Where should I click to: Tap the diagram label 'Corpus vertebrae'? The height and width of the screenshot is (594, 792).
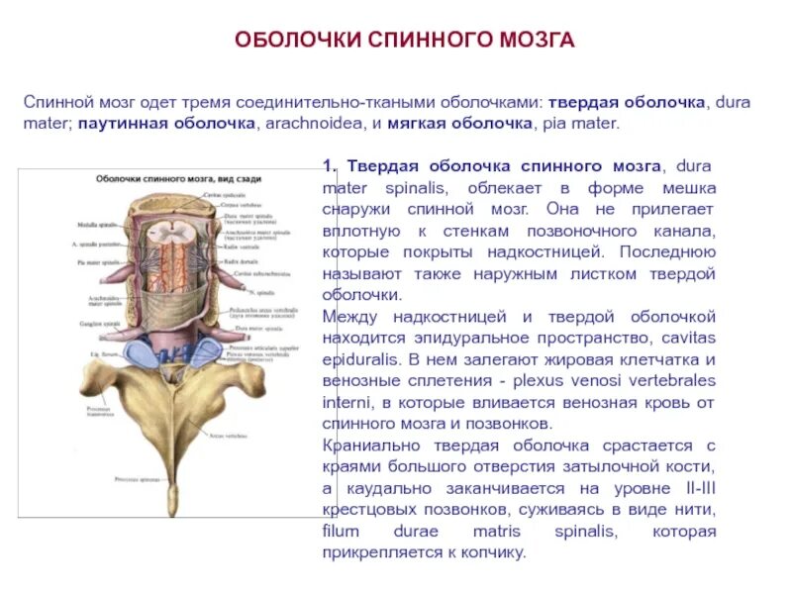pos(225,202)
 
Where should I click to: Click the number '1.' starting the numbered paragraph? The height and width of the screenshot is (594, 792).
pos(331,163)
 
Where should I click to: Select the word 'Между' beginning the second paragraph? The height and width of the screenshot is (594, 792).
pos(346,317)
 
